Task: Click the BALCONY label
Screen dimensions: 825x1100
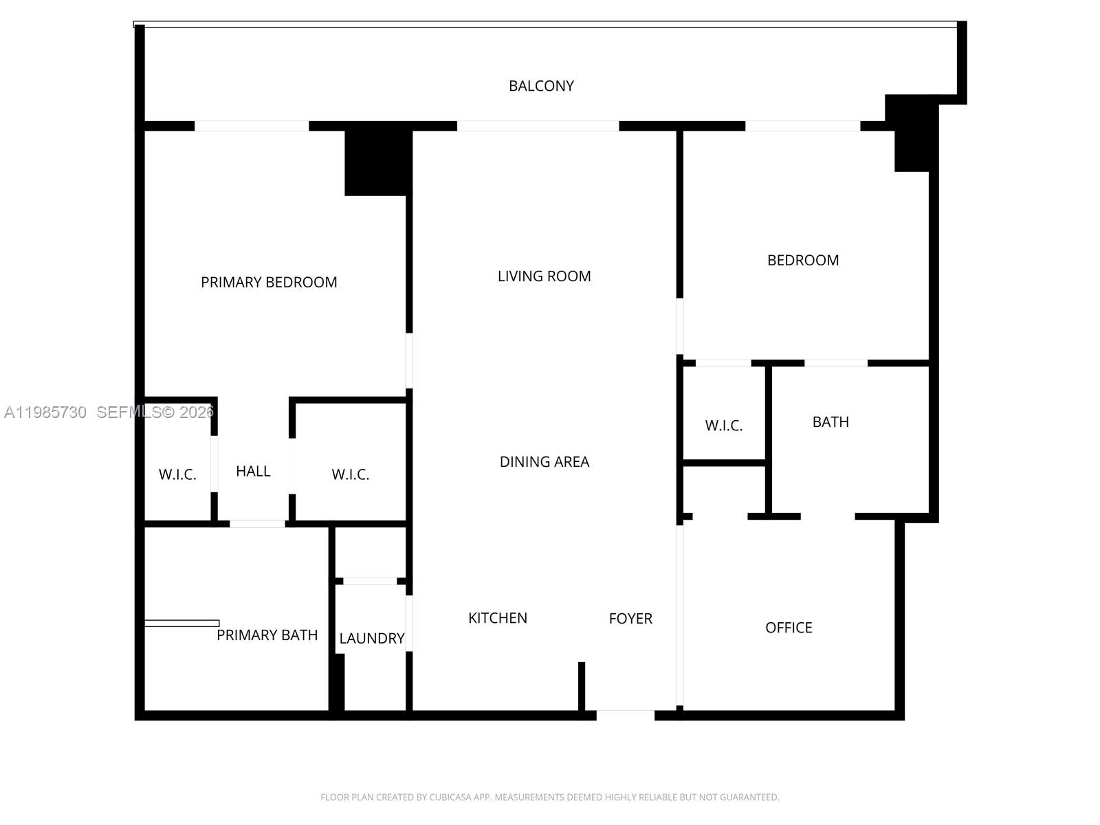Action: [x=541, y=86]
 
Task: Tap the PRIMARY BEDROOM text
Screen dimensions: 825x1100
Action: [x=269, y=282]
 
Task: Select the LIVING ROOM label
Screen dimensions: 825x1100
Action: [x=544, y=276]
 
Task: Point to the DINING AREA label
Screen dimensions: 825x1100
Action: [x=544, y=462]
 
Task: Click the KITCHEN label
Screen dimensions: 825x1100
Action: [x=497, y=618]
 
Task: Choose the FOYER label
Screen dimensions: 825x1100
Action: [x=630, y=619]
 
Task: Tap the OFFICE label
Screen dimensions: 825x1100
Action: [x=789, y=628]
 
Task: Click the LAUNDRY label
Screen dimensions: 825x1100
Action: [x=371, y=639]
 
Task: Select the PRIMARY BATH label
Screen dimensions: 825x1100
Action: [x=267, y=635]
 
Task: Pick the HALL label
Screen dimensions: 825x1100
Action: [x=253, y=472]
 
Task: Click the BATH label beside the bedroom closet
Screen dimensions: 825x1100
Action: [x=830, y=422]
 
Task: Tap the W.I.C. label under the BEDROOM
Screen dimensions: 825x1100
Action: [x=723, y=426]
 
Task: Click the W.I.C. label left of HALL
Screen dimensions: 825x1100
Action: [x=177, y=474]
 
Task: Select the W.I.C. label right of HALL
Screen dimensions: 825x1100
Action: [x=350, y=474]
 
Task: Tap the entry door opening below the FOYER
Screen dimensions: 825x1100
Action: [x=625, y=715]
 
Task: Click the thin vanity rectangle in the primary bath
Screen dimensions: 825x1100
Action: [x=181, y=624]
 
